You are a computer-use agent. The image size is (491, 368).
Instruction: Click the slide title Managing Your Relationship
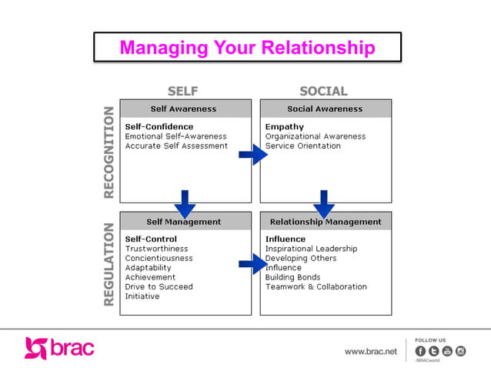point(247,48)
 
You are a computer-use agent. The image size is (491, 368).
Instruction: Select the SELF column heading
point(183,92)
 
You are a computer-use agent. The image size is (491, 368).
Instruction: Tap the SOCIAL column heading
point(323,92)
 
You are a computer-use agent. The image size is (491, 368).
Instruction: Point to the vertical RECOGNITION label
point(109,152)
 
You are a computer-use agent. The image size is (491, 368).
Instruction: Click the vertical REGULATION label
point(109,263)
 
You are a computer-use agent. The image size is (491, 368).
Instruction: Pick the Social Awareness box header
point(325,109)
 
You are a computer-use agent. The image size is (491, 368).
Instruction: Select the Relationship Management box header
point(325,222)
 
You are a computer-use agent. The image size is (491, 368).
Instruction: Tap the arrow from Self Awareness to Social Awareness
point(252,156)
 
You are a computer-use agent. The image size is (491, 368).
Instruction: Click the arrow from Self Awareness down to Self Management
point(185,204)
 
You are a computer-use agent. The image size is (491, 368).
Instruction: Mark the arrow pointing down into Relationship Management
point(324,204)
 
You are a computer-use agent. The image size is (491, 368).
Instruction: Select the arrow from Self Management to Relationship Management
point(252,266)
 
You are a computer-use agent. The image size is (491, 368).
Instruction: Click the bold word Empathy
point(285,127)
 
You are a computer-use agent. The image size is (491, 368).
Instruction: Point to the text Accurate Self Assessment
point(176,146)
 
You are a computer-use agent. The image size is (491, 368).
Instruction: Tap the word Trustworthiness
point(156,249)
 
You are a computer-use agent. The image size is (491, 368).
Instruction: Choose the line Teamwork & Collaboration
point(316,287)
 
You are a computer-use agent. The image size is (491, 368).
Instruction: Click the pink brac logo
point(59,348)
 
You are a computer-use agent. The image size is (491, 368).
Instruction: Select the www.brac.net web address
point(371,351)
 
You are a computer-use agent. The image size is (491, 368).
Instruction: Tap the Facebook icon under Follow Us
point(421,351)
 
